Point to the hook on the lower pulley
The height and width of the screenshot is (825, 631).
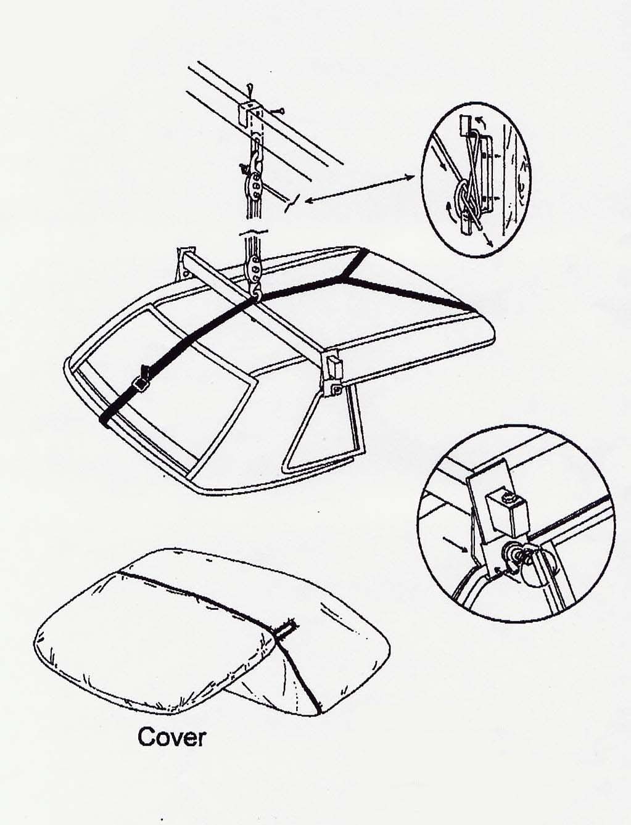point(257,292)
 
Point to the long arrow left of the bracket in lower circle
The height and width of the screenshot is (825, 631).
point(456,544)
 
